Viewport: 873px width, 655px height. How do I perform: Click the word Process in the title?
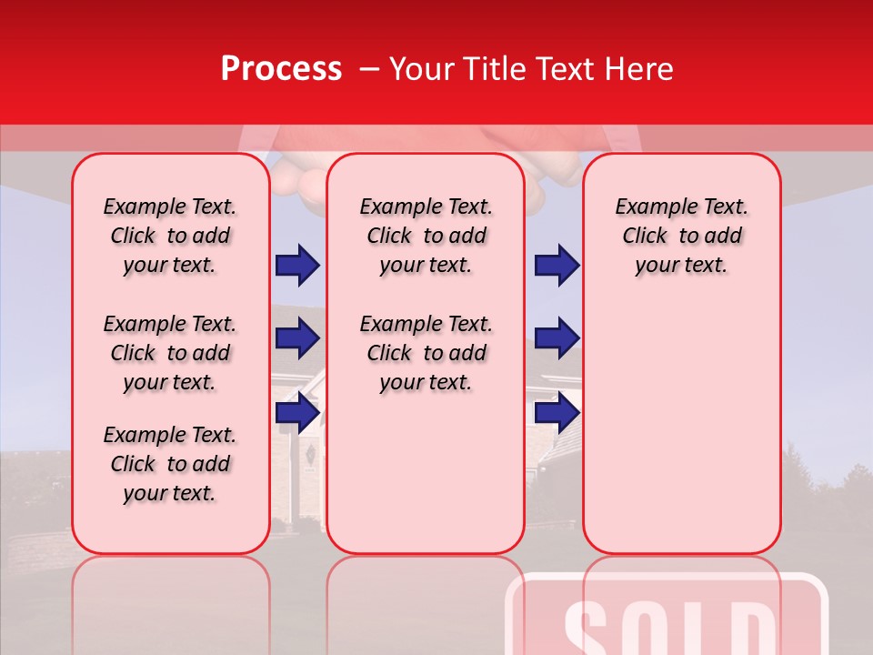point(281,69)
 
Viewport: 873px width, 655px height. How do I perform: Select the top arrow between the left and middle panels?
point(297,265)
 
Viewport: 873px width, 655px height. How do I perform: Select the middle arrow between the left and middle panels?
point(297,338)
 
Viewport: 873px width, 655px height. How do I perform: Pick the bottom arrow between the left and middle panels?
point(297,413)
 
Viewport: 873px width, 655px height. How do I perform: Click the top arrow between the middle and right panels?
point(557,265)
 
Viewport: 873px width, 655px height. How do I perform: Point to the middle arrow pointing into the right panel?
point(557,338)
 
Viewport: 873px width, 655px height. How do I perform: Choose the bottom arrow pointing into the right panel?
point(557,413)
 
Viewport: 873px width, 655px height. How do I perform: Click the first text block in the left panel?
point(170,236)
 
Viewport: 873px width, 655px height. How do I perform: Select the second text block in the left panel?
point(170,353)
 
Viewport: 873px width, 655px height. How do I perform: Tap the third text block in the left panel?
point(170,464)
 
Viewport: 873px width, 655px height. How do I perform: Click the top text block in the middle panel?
point(426,236)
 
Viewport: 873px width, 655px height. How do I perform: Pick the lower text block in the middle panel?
point(426,353)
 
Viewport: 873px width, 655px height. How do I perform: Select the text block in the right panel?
point(681,236)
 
